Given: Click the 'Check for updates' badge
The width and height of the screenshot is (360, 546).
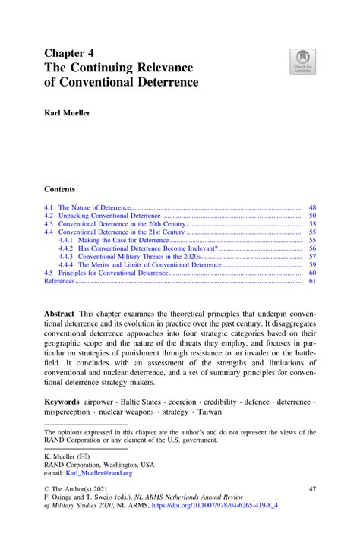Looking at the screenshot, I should coord(304,62).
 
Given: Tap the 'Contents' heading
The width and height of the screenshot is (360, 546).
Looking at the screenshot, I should coord(60,188).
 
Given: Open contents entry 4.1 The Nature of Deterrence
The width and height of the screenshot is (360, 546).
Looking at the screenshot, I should coord(94,207).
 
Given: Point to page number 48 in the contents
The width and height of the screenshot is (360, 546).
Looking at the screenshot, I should coord(311,207).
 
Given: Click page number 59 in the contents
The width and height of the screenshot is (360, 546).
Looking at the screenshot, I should coord(311,265).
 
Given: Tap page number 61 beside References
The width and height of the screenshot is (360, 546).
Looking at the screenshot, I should coord(311,281).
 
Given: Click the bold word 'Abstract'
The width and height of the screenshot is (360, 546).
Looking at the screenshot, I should coord(59,314).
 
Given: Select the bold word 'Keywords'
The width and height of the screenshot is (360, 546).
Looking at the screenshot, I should coord(62,400).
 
